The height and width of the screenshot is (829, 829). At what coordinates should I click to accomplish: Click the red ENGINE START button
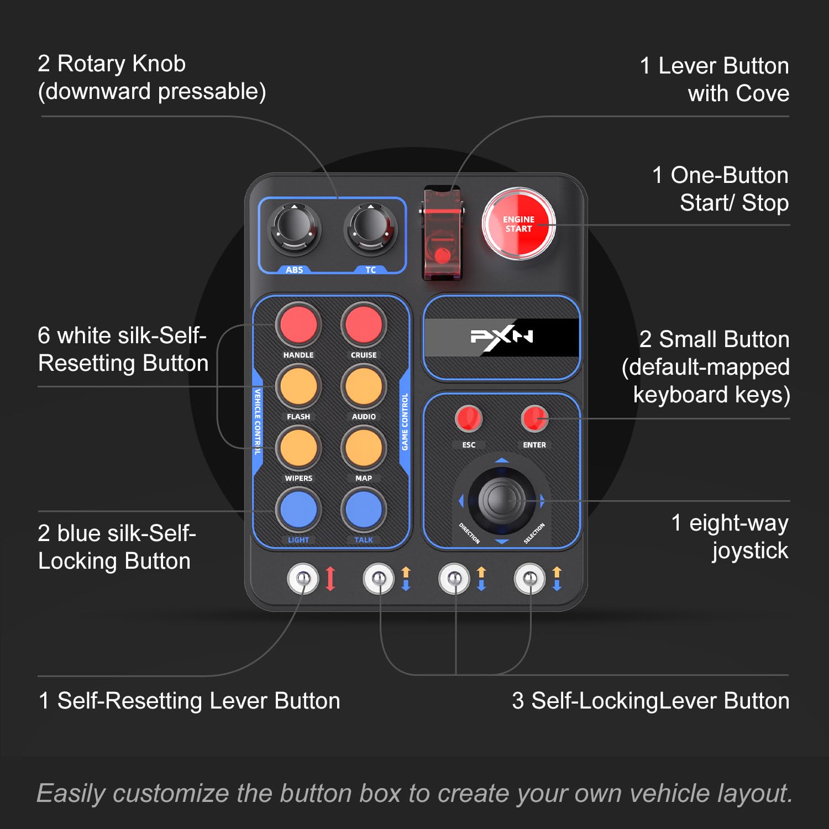518,224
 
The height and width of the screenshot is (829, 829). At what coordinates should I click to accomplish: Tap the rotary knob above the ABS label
294,228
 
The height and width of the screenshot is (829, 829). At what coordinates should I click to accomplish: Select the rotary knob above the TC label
370,228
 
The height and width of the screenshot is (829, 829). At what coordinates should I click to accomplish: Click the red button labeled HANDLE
298,324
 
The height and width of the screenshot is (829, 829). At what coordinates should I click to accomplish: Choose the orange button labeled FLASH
298,386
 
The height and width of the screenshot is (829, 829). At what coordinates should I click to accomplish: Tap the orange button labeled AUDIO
363,386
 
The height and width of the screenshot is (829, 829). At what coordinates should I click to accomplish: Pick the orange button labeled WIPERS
298,448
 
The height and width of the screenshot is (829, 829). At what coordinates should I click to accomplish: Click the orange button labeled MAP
363,448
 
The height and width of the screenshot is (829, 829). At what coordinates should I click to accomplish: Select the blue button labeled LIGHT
298,510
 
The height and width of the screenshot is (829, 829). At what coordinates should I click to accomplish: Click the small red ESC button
469,418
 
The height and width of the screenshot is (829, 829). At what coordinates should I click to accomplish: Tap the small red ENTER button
534,418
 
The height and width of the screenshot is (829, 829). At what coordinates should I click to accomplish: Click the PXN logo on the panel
501,337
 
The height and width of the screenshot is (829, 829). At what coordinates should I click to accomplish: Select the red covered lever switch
442,232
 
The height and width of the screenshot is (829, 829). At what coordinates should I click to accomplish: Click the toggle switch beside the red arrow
303,579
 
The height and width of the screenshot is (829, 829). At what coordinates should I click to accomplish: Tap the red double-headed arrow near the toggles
330,579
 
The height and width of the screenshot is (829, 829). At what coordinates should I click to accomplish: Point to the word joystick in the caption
750,551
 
